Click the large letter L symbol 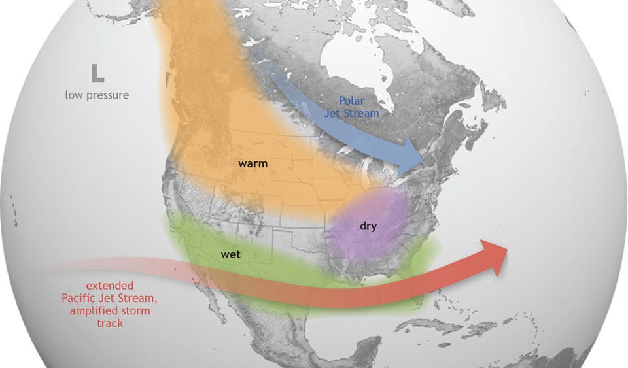(97, 73)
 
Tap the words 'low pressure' (97, 95)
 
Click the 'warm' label (253, 163)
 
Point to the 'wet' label (230, 254)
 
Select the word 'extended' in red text (110, 286)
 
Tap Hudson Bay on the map (353, 62)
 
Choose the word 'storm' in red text (141, 310)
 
